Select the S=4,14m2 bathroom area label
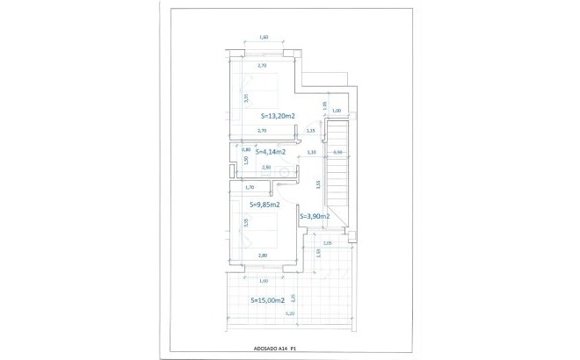tap(258, 151)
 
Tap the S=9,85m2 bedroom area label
tap(265, 205)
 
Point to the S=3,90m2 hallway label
tap(315, 216)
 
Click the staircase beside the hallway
tap(338, 176)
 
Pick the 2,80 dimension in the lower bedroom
tap(263, 256)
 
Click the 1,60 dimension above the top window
tap(264, 37)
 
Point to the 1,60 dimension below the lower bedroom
tap(263, 280)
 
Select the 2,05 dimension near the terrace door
tap(327, 243)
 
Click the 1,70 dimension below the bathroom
tap(250, 187)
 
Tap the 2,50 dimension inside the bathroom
tap(266, 166)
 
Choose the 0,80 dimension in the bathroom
tap(245, 149)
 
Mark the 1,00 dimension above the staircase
tap(337, 111)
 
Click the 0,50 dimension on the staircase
tap(337, 153)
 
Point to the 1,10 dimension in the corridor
tap(312, 153)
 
